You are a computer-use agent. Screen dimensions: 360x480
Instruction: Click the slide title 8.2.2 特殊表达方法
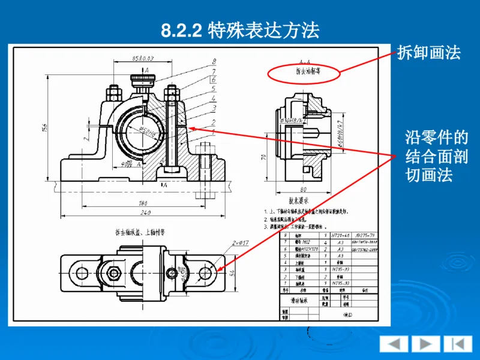tap(240, 31)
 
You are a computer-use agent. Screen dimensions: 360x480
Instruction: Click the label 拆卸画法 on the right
tap(429, 53)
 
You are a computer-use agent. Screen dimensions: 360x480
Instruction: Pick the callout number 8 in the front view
tap(214, 61)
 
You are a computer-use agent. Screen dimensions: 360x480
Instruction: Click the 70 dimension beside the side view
tap(263, 157)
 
